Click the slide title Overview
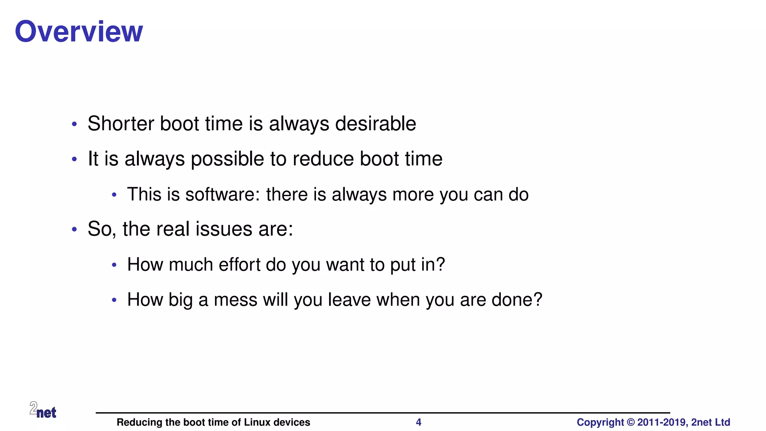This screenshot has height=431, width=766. (79, 31)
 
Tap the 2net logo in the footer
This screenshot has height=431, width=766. (43, 410)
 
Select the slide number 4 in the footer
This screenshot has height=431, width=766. (419, 422)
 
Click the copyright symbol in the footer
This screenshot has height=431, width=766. (631, 422)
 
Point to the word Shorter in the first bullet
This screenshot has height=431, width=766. (121, 123)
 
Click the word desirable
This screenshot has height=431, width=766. (376, 123)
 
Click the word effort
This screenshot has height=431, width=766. (239, 265)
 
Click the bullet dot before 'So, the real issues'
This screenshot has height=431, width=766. (74, 229)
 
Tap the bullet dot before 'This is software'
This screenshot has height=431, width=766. (114, 195)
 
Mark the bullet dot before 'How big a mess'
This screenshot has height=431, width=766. (114, 300)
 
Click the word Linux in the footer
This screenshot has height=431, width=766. (257, 422)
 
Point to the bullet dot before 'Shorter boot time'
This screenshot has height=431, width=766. (74, 124)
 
